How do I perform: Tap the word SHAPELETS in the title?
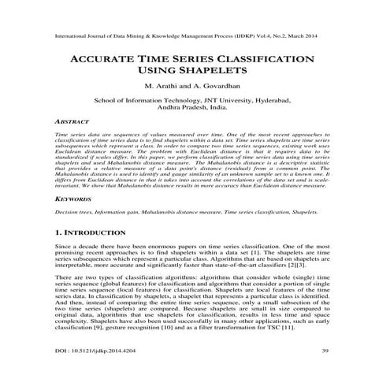coord(214,73)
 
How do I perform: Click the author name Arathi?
coord(169,88)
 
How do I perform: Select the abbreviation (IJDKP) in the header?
coord(232,37)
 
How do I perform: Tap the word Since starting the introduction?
coord(65,250)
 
